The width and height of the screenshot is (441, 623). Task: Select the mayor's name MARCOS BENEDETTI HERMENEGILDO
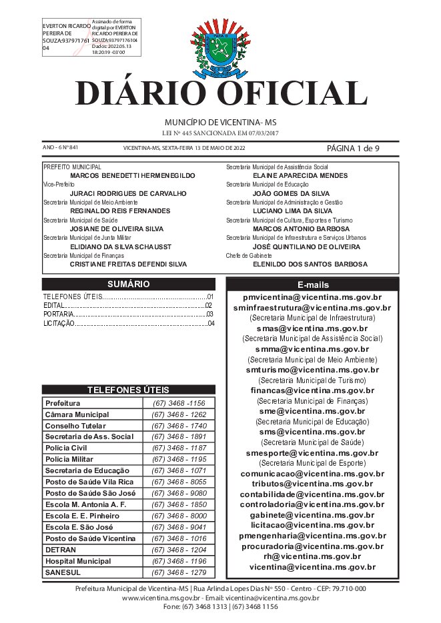coord(132,175)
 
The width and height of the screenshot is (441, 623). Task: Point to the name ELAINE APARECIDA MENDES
coord(300,175)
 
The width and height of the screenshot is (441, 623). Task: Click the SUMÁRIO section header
coord(128,284)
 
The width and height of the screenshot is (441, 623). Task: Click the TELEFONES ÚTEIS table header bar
coord(128,390)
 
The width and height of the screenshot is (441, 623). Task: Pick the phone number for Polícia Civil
coord(178,448)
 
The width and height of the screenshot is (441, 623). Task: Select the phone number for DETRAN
coord(178,550)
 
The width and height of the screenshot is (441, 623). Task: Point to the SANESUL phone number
coord(178,572)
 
